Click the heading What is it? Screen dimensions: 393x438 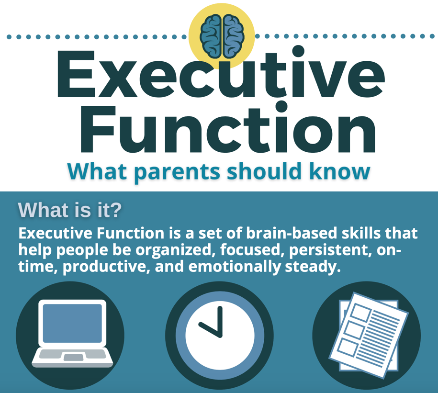(69, 210)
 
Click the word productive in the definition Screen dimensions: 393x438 (107, 267)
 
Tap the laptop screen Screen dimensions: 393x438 (72, 323)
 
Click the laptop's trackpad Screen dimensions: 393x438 (72, 357)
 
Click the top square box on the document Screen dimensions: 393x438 (361, 313)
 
